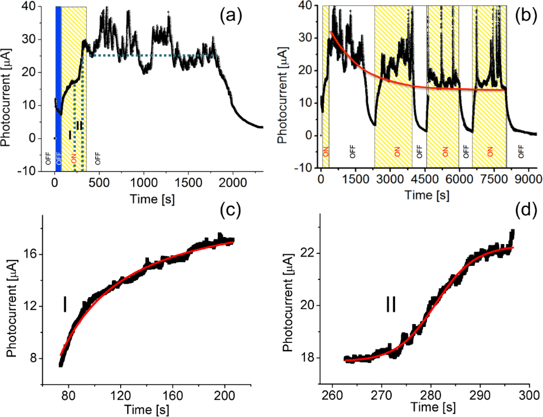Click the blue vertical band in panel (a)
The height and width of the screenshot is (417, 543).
pyautogui.click(x=58, y=88)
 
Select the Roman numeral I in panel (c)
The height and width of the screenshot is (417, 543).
pyautogui.click(x=65, y=305)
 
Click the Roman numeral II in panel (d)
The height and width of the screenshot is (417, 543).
pyautogui.click(x=390, y=304)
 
